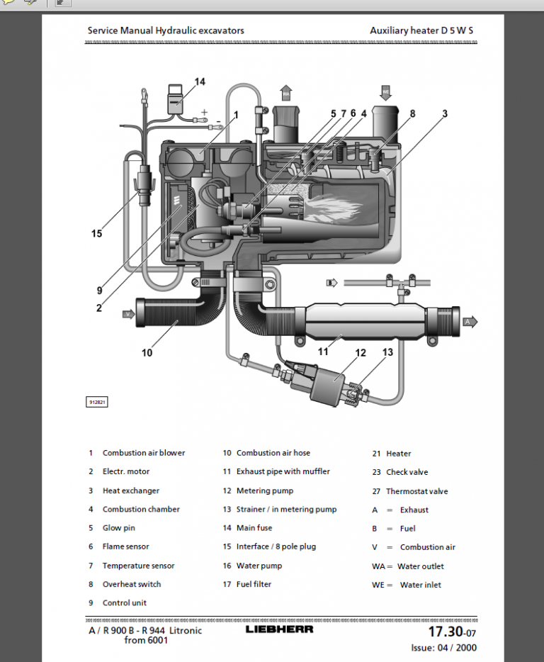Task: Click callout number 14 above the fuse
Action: (x=200, y=82)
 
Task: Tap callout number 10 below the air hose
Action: (x=147, y=352)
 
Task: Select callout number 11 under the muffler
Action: (x=323, y=351)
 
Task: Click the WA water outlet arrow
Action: (x=286, y=93)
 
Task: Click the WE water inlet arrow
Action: (x=385, y=92)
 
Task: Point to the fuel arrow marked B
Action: (x=331, y=283)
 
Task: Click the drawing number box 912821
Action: (x=97, y=402)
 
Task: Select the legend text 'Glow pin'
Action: (x=118, y=528)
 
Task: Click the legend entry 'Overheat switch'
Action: (x=131, y=584)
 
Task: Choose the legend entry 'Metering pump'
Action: (x=264, y=490)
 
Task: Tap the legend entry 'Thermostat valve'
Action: (x=416, y=491)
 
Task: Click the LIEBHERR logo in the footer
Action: (x=279, y=629)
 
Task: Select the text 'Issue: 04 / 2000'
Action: (x=443, y=647)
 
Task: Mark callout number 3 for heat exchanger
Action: (x=445, y=113)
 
